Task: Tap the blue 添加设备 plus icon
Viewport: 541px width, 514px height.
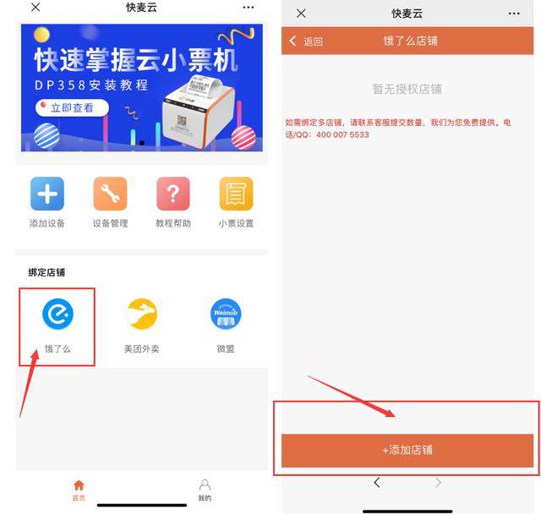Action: coord(47,194)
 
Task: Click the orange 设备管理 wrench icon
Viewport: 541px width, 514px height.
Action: coord(110,194)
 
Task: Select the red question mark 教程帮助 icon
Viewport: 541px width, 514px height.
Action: coord(173,194)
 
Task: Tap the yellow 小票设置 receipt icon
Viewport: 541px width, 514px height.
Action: coord(236,194)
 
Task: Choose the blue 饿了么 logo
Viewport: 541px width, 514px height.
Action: coord(57,314)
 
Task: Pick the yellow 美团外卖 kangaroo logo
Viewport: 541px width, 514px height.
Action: coord(142,314)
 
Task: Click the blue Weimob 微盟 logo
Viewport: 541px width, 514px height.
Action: coord(226,314)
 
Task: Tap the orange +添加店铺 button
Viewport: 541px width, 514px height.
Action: coord(407,451)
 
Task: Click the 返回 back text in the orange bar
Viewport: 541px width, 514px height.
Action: coord(314,41)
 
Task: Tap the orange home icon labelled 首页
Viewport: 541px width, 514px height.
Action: coord(79,485)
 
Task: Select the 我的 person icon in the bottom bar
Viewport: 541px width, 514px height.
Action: coord(205,485)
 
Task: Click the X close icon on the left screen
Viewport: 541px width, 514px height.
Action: coord(36,8)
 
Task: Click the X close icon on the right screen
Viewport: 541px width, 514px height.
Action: coord(301,14)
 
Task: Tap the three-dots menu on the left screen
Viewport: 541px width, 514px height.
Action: coord(249,8)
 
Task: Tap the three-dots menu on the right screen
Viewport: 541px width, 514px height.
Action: coord(514,14)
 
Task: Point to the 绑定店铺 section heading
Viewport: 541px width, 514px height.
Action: coord(46,272)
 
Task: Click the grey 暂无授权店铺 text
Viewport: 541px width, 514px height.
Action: coord(407,89)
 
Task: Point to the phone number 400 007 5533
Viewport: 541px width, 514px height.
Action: coord(342,135)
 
